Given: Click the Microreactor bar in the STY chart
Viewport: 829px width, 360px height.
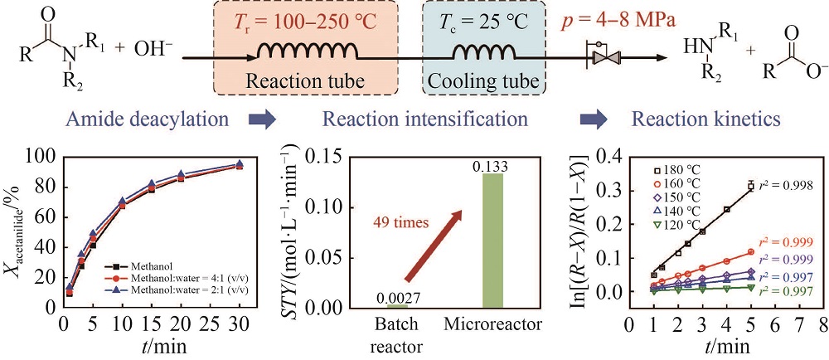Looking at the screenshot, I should point(493,241).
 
